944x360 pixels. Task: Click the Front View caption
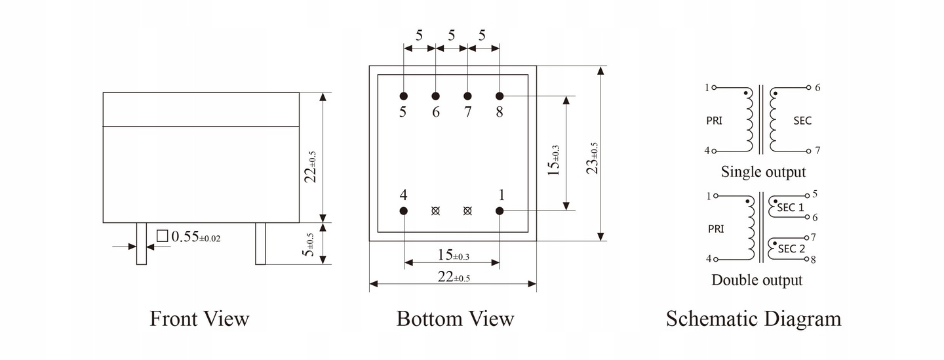click(199, 319)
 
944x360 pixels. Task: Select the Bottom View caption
click(455, 319)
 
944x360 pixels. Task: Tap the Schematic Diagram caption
click(753, 319)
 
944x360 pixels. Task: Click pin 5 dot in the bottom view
click(403, 96)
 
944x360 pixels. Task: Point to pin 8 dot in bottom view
click(500, 96)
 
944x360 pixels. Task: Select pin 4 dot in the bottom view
click(403, 210)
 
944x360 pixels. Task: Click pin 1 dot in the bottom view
click(500, 210)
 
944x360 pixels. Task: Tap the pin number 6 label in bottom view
click(435, 112)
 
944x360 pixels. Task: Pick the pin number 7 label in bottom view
click(467, 112)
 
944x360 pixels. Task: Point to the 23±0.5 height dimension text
click(593, 158)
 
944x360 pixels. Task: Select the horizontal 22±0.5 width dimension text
click(453, 277)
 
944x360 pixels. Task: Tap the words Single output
click(763, 172)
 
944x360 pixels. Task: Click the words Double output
click(757, 281)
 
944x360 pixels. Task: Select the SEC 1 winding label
click(791, 207)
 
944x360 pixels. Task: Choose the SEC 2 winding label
click(791, 249)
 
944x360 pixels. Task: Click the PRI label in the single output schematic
click(715, 121)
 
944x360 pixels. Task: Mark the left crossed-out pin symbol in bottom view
click(435, 210)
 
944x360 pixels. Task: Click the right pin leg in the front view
click(260, 243)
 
